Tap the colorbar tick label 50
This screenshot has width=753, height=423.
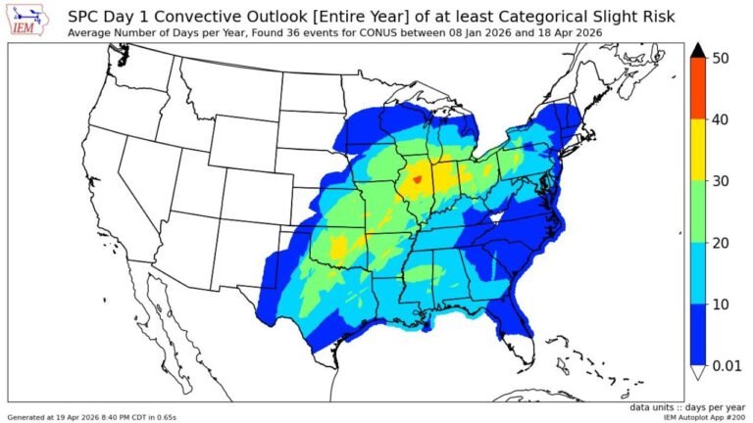pyautogui.click(x=720, y=59)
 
